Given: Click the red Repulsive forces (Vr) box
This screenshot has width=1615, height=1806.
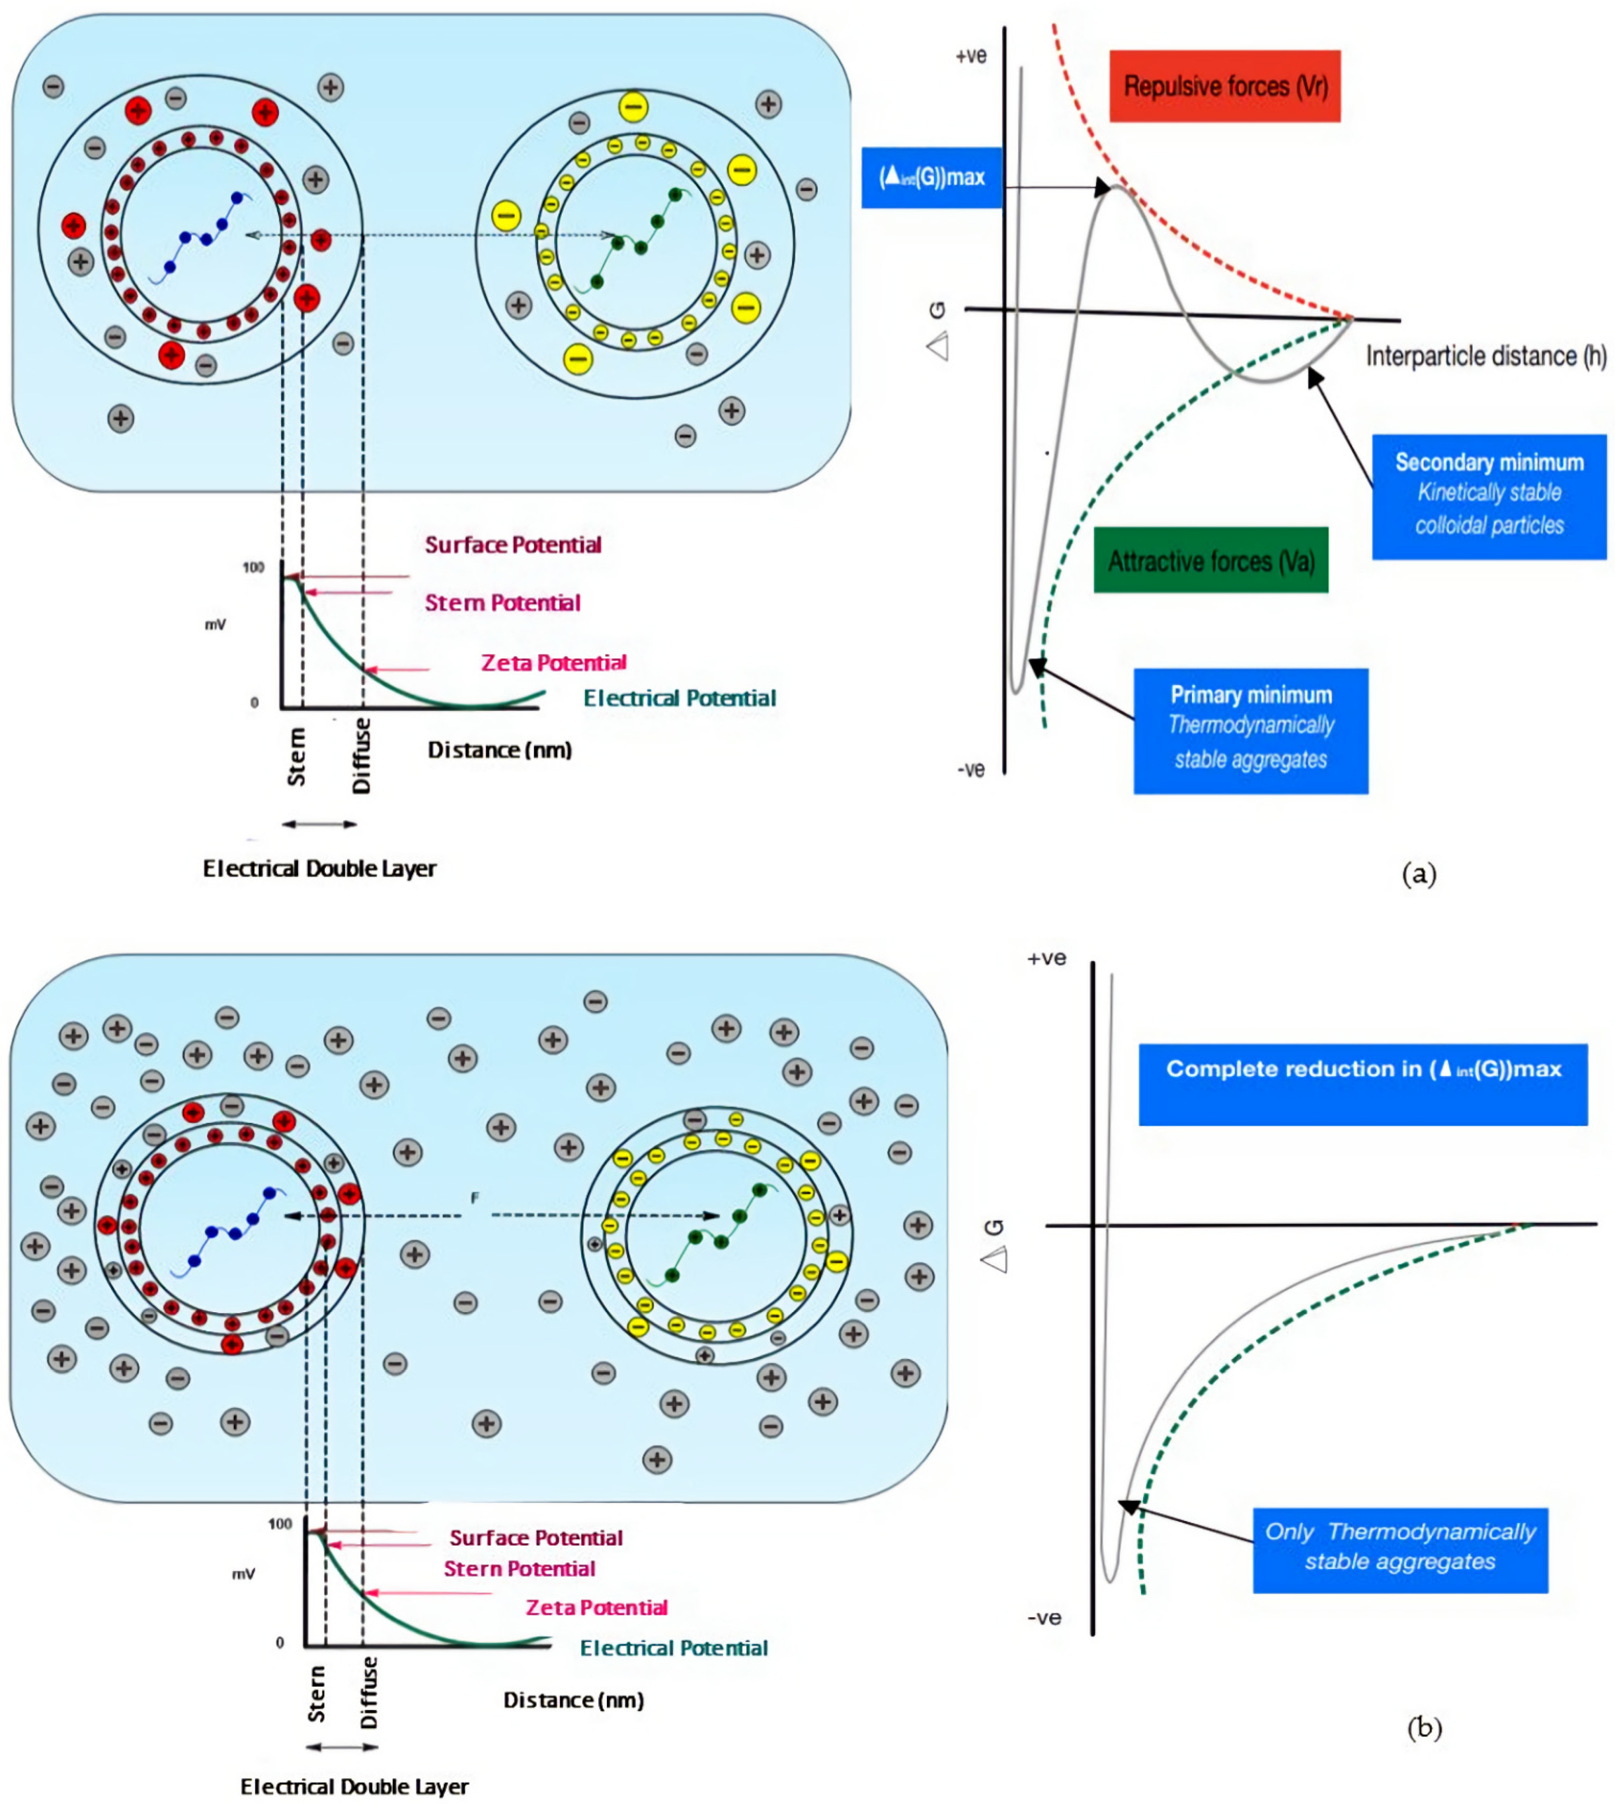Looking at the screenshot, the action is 1225,86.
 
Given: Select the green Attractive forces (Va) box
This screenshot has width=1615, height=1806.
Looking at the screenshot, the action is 1211,560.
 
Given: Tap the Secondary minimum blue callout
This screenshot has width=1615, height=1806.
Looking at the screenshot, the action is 1489,496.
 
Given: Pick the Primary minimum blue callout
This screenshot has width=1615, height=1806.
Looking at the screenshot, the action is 1251,731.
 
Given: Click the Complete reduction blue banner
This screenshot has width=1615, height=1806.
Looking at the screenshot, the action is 1363,1084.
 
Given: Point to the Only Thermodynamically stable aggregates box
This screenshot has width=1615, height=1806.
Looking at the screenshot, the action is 1400,1549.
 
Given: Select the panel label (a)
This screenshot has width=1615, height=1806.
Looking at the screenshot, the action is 1419,873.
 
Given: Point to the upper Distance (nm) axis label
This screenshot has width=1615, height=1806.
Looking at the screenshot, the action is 500,750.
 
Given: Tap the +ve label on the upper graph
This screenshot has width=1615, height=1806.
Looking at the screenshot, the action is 971,56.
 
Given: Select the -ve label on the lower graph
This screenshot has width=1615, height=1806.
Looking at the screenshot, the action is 1045,1617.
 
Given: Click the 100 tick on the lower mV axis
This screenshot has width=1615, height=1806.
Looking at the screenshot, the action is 280,1524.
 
